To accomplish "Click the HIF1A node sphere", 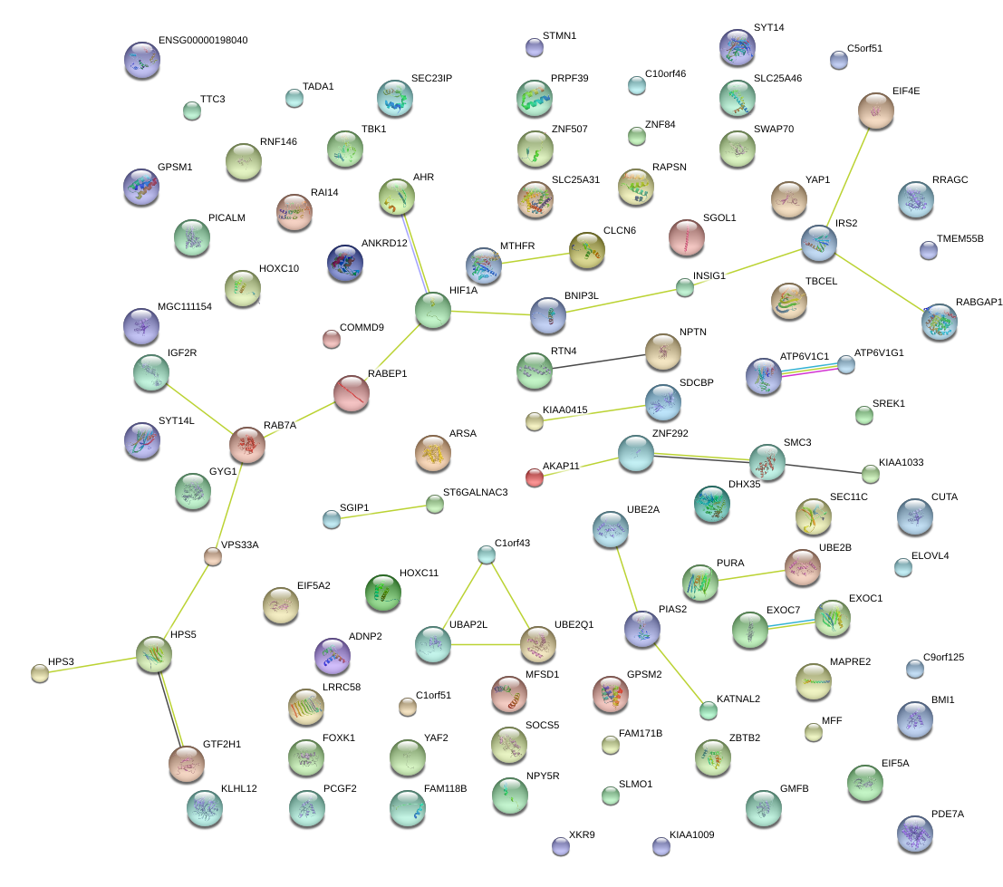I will pyautogui.click(x=433, y=309).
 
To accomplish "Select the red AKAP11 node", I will pyautogui.click(x=535, y=477).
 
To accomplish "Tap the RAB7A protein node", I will pyautogui.click(x=246, y=444).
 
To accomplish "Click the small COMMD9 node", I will pyautogui.click(x=331, y=339).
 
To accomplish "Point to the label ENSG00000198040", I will pyautogui.click(x=202, y=41).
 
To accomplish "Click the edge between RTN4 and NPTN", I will pyautogui.click(x=598, y=360).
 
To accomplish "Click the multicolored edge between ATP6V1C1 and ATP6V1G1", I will pyautogui.click(x=805, y=369).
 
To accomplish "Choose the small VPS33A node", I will pyautogui.click(x=213, y=557).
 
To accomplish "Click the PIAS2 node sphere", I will pyautogui.click(x=642, y=628).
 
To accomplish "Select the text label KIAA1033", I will pyautogui.click(x=901, y=462).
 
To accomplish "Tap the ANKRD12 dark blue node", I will pyautogui.click(x=344, y=263).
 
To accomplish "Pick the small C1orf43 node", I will pyautogui.click(x=487, y=555).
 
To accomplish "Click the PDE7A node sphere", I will pyautogui.click(x=913, y=832).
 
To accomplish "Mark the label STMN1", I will pyautogui.click(x=559, y=35).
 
